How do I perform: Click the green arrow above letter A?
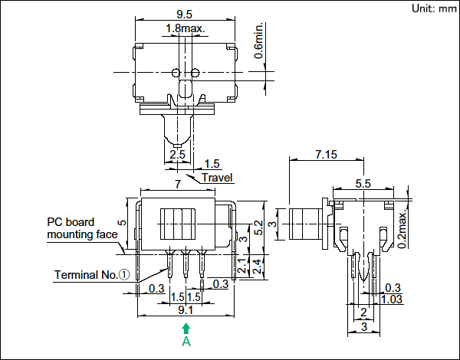click(186, 327)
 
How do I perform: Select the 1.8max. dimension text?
click(185, 28)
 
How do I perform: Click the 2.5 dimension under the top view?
click(178, 155)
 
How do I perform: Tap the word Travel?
click(217, 178)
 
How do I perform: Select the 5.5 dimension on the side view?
click(364, 183)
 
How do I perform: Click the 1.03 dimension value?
click(393, 299)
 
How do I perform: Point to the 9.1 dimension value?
click(186, 310)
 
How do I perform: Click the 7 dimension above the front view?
click(178, 184)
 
